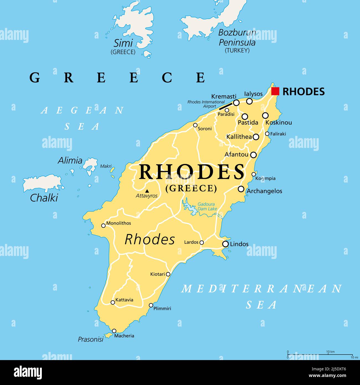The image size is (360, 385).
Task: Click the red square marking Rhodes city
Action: [x=275, y=91]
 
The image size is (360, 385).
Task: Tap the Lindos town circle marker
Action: [x=225, y=244]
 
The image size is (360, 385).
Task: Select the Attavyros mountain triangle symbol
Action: [x=147, y=191]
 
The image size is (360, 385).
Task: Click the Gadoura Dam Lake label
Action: [x=207, y=207]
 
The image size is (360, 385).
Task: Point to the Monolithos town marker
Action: [x=103, y=225]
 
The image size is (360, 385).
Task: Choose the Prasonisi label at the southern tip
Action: [x=91, y=339]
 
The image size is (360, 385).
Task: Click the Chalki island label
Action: [x=44, y=198]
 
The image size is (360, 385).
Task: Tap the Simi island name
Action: [x=123, y=43]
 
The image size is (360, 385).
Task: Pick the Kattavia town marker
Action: [x=113, y=302]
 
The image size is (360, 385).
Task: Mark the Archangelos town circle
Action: [x=241, y=189]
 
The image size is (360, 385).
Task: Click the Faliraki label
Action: [x=278, y=134]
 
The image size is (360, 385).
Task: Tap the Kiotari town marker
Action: [x=168, y=274]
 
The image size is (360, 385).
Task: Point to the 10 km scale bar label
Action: [x=330, y=352]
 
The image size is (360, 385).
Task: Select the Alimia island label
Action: [x=70, y=160]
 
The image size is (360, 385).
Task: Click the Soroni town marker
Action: [x=195, y=125]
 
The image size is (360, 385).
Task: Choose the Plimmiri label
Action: [x=162, y=308]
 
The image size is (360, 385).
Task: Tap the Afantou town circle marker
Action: [x=253, y=155]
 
